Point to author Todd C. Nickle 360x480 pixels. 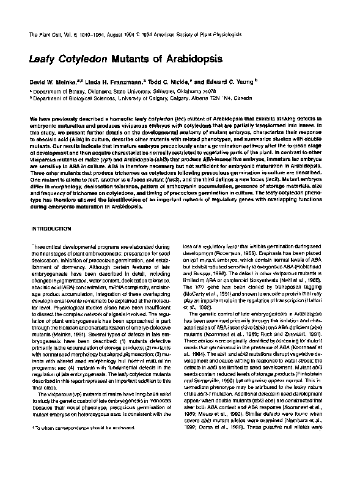pos(162,81)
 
